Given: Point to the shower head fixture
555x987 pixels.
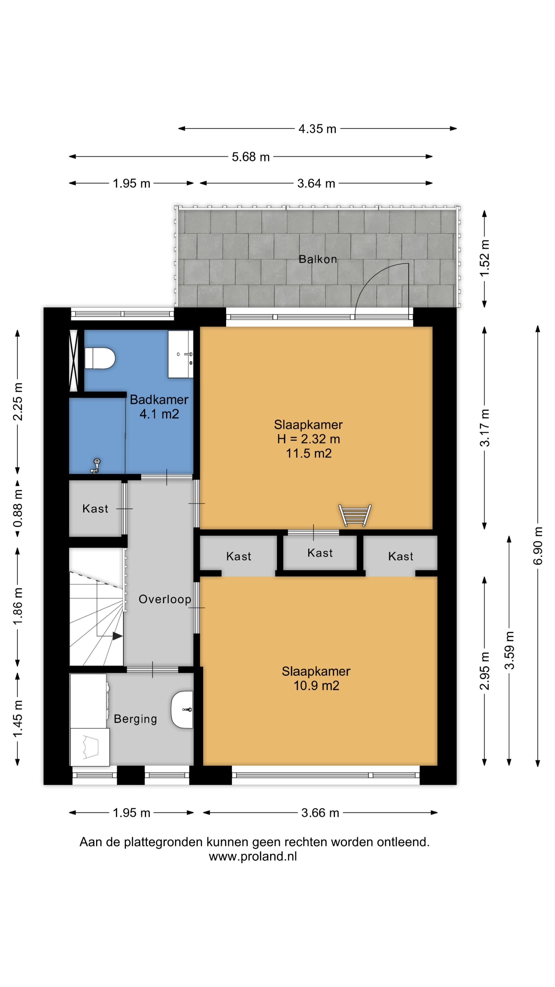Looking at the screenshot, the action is click(96, 465).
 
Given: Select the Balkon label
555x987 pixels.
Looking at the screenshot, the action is click(318, 259).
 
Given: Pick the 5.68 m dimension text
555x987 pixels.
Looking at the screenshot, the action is click(251, 157).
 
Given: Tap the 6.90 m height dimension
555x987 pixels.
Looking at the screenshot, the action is click(538, 546).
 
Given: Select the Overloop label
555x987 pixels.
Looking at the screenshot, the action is click(165, 599).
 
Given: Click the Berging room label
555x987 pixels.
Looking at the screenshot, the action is click(135, 719).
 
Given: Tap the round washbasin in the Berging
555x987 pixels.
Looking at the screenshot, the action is click(182, 710).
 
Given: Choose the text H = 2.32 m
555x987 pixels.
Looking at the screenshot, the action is click(309, 439).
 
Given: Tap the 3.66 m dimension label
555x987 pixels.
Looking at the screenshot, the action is click(320, 813).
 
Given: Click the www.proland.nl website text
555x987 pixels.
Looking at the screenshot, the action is click(253, 856).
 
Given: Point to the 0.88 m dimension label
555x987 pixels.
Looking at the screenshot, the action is click(18, 508).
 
